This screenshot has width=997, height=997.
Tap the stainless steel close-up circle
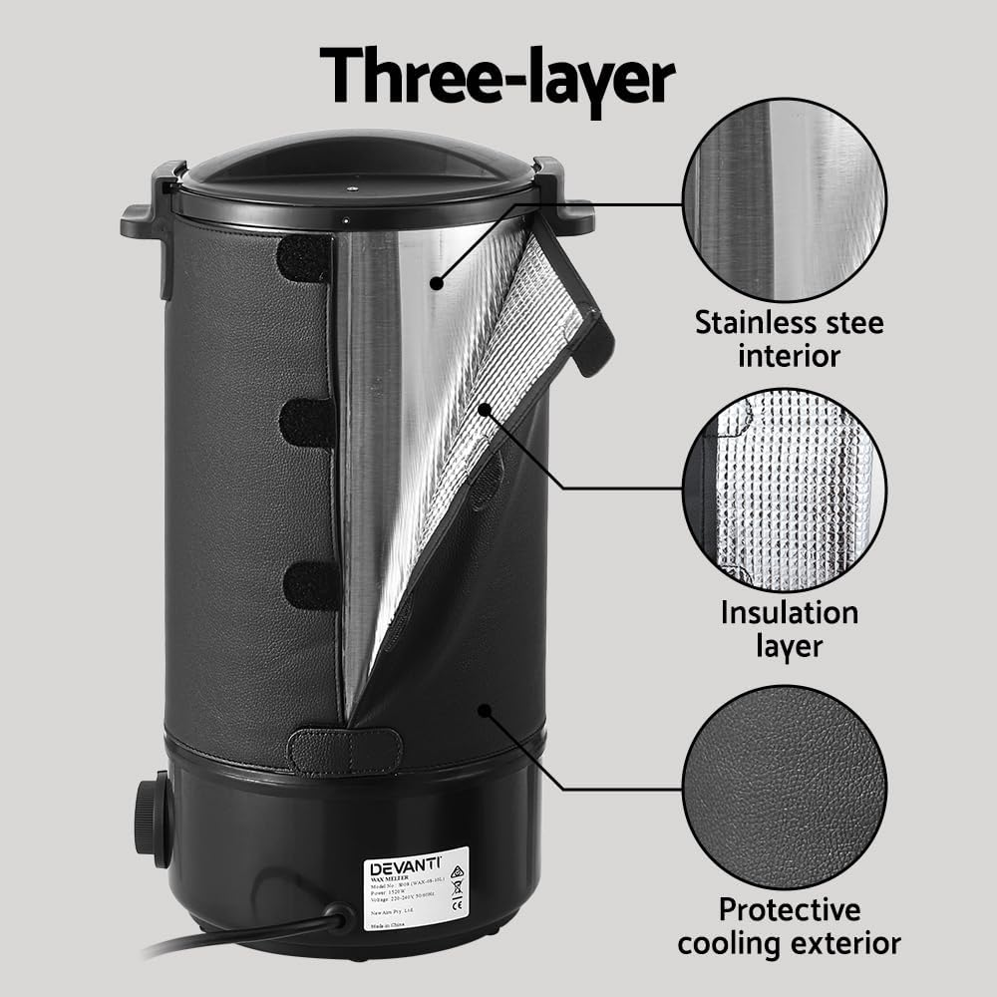click(784, 201)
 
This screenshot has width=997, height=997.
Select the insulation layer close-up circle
click(784, 490)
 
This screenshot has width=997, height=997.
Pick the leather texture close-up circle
click(784, 788)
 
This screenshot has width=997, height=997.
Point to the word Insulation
click(789, 611)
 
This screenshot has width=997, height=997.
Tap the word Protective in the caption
click(789, 909)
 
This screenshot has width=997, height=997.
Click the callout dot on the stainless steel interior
click(436, 283)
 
